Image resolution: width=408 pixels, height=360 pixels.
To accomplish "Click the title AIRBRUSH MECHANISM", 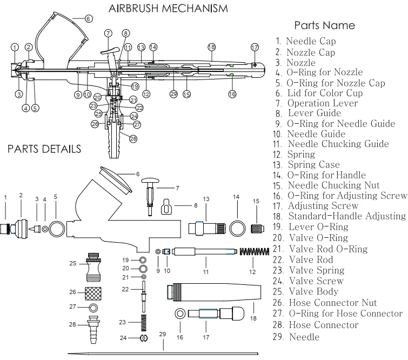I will pyautogui.click(x=168, y=9).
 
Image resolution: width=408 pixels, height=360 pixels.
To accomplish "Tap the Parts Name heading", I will pyautogui.click(x=324, y=25).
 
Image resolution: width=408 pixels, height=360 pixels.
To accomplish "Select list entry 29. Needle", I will pyautogui.click(x=297, y=337).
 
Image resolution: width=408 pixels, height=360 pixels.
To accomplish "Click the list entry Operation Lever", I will pyautogui.click(x=322, y=103).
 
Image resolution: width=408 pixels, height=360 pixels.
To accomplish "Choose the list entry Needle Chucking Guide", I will pyautogui.click(x=338, y=144).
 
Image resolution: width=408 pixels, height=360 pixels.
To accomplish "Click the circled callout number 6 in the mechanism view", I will pyautogui.click(x=89, y=18).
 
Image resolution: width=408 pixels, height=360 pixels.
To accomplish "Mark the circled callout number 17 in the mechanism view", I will pyautogui.click(x=255, y=48).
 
